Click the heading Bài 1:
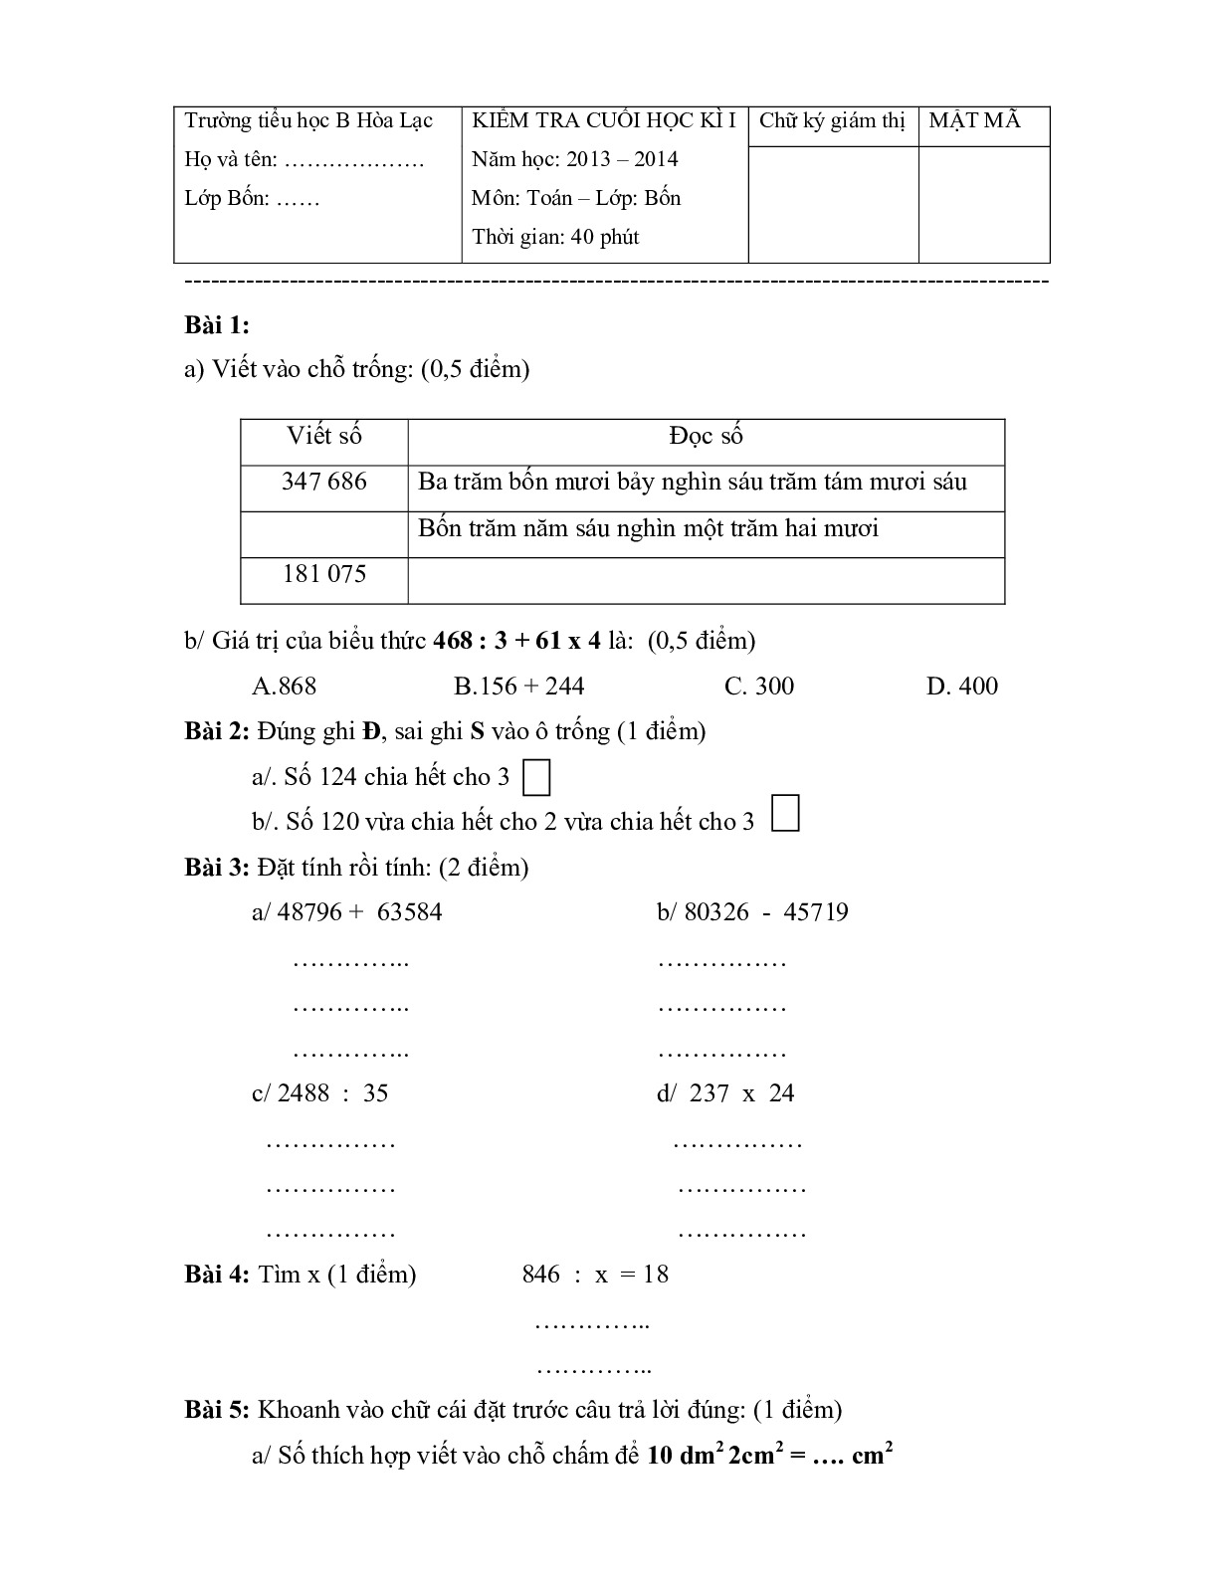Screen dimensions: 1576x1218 pyautogui.click(x=217, y=325)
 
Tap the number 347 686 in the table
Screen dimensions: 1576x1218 pyautogui.click(x=324, y=483)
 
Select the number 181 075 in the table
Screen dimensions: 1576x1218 pyautogui.click(x=324, y=574)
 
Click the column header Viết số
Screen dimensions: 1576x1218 pyautogui.click(x=324, y=436)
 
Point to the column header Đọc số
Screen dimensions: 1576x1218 pyautogui.click(x=706, y=436)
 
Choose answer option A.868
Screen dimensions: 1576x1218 pyautogui.click(x=285, y=686)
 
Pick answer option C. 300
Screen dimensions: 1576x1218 pyautogui.click(x=759, y=686)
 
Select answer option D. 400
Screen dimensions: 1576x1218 pyautogui.click(x=961, y=686)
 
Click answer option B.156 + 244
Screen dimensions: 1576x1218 pyautogui.click(x=518, y=686)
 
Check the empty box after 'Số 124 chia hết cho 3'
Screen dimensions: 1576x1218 pyautogui.click(x=536, y=778)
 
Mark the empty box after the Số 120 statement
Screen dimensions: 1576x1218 pyautogui.click(x=786, y=813)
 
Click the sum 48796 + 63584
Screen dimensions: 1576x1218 pyautogui.click(x=347, y=912)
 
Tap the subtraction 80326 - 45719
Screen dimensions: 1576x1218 pyautogui.click(x=752, y=912)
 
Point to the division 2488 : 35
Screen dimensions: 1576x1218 pyautogui.click(x=319, y=1093)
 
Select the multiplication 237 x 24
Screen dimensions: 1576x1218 pyautogui.click(x=725, y=1093)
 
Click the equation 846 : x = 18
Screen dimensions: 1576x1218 pyautogui.click(x=595, y=1275)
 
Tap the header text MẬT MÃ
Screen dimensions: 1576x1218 pyautogui.click(x=974, y=121)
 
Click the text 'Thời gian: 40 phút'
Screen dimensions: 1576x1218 pyautogui.click(x=555, y=237)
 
